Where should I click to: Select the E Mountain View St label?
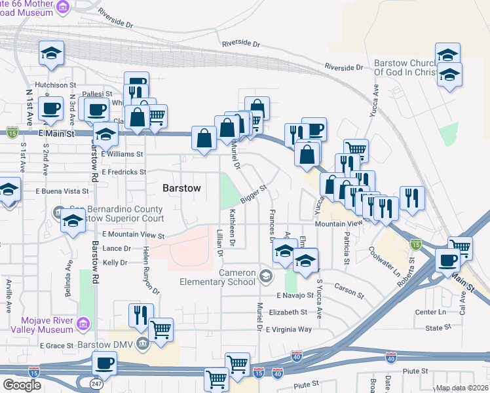point(133,234)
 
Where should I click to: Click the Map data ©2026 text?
point(462,388)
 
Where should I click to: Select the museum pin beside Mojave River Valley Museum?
point(83,324)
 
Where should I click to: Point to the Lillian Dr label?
point(220,242)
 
